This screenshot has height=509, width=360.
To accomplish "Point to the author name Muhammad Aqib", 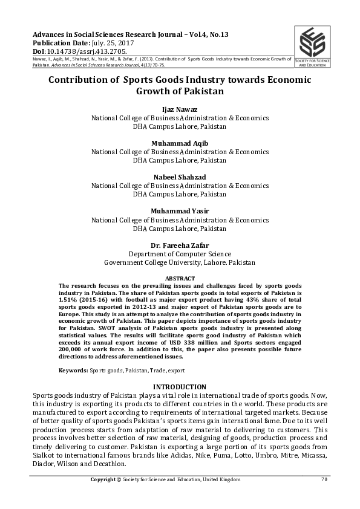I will point(180,143).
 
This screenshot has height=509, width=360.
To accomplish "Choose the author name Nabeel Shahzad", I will point(180,177).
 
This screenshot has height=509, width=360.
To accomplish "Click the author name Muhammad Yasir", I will point(180,211).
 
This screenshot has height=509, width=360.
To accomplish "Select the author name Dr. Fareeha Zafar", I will point(180,245).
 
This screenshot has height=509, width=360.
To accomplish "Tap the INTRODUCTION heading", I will point(180,387).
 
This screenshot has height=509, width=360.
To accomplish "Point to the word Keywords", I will point(73,369).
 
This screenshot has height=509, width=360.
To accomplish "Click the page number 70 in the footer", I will point(324,479).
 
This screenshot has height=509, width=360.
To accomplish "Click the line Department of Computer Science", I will point(180,254).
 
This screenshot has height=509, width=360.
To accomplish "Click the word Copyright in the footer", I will point(103,479).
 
